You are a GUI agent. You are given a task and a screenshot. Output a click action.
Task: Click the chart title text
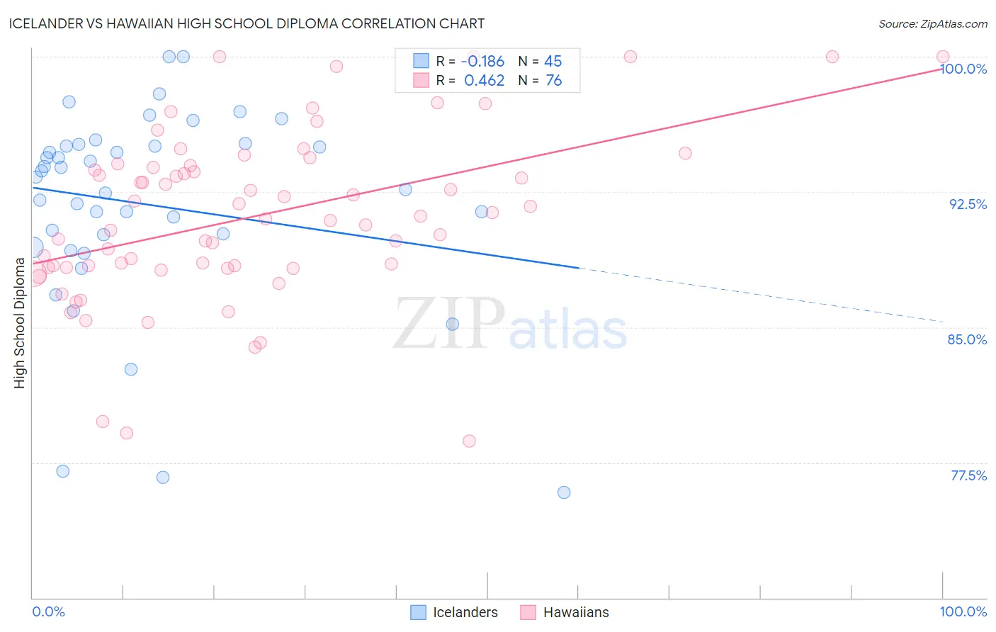point(247,23)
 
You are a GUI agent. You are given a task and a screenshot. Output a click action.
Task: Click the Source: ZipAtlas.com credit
point(932,23)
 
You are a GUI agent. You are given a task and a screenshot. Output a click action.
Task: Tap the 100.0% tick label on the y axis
point(963,69)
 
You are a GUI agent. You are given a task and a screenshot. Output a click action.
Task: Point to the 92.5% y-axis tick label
point(968,204)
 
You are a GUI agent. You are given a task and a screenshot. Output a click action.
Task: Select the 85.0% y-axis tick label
point(967,339)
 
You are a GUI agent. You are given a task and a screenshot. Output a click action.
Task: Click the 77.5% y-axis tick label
point(968,475)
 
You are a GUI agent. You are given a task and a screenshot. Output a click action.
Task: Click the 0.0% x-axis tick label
point(48,611)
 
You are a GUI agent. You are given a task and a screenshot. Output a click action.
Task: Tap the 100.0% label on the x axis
point(963,611)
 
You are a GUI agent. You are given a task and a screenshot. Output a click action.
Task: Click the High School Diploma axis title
point(20,322)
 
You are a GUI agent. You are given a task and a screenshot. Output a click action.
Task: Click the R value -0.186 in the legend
point(482,62)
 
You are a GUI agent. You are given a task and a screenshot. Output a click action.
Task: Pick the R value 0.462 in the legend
point(484,81)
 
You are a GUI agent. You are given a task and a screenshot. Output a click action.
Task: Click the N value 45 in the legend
point(553,62)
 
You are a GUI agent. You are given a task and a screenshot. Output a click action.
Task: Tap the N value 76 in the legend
point(553,81)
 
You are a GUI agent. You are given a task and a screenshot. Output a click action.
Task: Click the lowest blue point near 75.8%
point(564,492)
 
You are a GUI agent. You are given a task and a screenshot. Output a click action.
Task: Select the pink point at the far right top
point(943,57)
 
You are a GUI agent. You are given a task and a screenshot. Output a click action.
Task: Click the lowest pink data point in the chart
point(469,441)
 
